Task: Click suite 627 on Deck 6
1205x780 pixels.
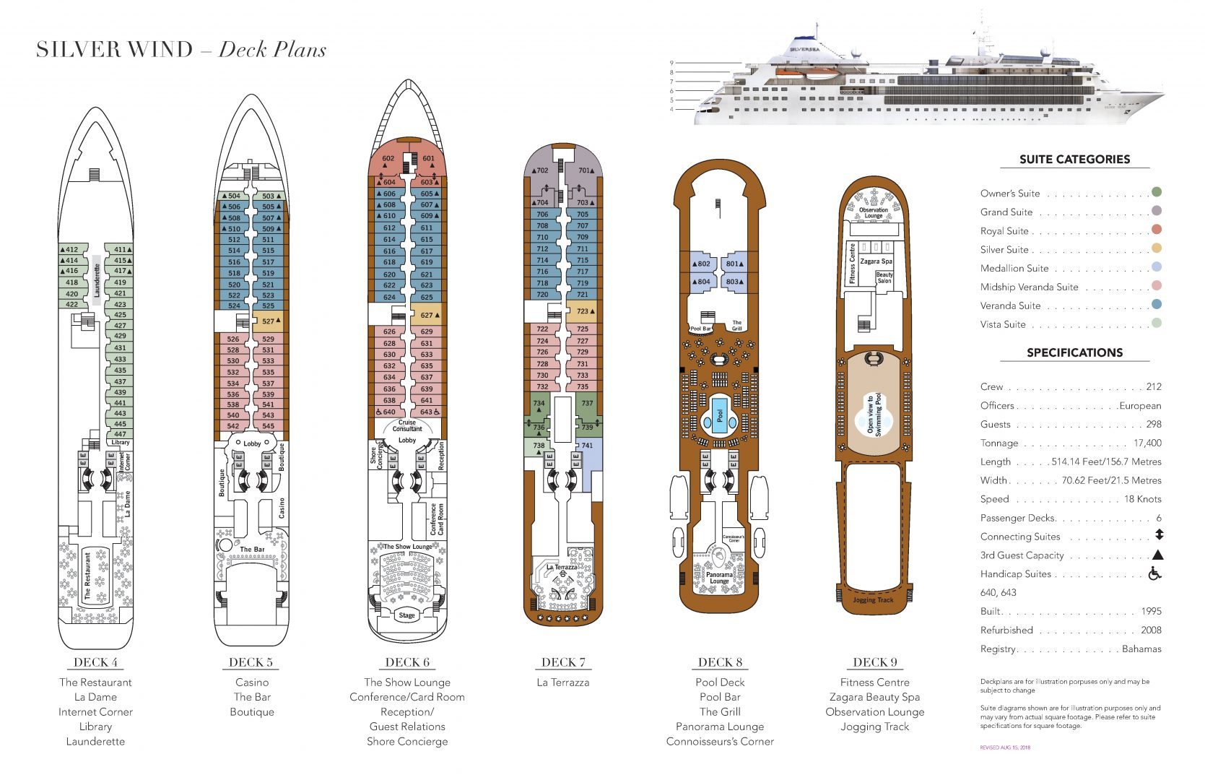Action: coord(427,315)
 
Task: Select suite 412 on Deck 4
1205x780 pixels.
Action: coord(71,250)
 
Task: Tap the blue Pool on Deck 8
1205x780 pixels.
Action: coord(720,415)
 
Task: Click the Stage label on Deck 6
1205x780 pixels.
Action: coord(407,615)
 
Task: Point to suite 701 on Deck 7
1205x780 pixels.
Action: coord(584,171)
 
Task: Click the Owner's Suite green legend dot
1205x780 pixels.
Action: coord(1157,192)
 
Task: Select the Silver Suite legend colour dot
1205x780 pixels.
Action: coord(1157,248)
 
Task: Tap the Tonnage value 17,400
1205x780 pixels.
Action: coord(1147,443)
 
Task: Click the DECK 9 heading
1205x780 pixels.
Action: coord(874,662)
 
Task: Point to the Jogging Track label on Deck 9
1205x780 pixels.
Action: coord(874,599)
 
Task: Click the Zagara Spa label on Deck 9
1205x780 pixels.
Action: coord(876,261)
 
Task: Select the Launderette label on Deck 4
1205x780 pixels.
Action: coord(97,281)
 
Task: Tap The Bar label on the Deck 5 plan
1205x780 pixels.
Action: coord(252,550)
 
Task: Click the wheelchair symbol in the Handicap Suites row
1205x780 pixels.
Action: coord(1155,574)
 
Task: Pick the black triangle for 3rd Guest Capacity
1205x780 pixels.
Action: coord(1157,555)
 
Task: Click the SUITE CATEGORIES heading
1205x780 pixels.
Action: coord(1074,160)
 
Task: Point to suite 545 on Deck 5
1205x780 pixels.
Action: coord(269,426)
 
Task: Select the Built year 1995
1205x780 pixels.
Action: coord(1151,612)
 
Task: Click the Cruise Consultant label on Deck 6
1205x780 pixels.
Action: coord(407,425)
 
